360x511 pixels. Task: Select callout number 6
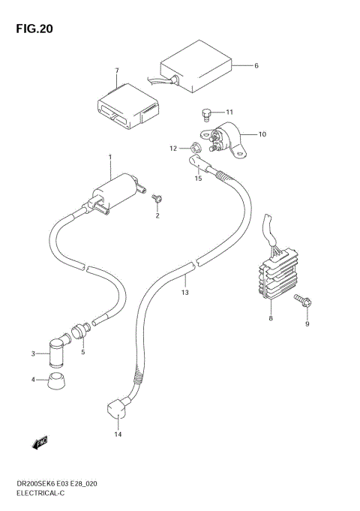click(x=256, y=66)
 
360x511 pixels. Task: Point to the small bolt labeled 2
click(x=157, y=198)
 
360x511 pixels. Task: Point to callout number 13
click(x=184, y=292)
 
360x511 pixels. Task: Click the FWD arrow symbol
click(x=40, y=443)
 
